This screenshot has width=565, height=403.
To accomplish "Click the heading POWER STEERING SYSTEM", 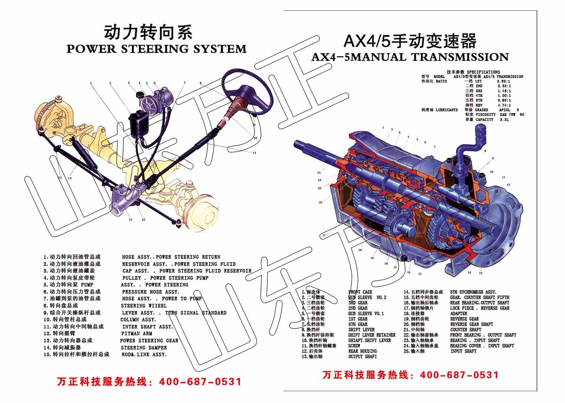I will [156, 49].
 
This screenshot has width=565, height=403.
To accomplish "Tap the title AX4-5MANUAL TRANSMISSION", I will [410, 57].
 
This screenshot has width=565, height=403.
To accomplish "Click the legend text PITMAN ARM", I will [137, 333].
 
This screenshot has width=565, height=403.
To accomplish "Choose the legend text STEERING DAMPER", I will [144, 347].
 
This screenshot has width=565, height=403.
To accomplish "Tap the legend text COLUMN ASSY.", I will [138, 320].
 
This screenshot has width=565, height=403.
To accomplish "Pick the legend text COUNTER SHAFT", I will [466, 330].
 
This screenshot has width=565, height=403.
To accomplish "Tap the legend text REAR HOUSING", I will [363, 351].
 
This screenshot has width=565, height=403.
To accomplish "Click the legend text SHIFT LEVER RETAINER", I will [371, 335].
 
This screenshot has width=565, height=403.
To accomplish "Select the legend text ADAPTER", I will [459, 314].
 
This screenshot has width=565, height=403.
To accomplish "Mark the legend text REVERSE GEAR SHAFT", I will [471, 324].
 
